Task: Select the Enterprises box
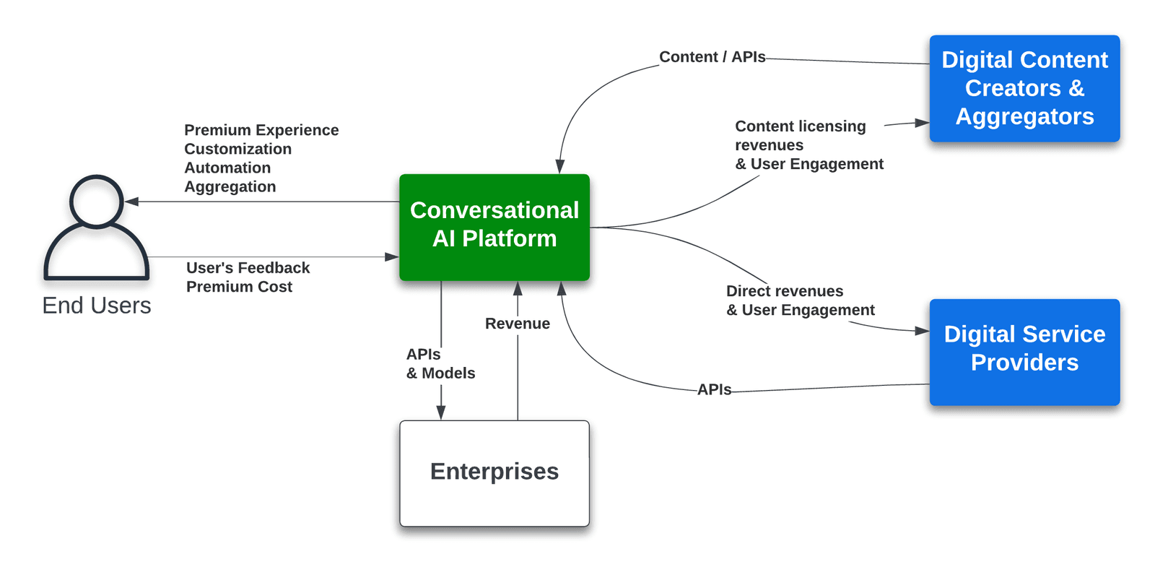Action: tap(494, 472)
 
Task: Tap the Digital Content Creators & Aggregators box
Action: tap(1024, 88)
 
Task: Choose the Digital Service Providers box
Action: tap(1024, 351)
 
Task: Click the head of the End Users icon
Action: tap(96, 201)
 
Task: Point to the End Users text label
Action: tap(96, 306)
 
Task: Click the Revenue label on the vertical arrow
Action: tap(517, 324)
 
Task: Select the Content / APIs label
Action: tap(712, 57)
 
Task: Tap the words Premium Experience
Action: tap(261, 130)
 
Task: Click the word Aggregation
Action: tap(230, 186)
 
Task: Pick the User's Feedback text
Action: tap(248, 268)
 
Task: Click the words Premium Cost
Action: tap(239, 287)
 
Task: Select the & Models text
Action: tap(440, 373)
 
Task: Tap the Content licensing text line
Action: tap(800, 126)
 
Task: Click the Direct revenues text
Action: tap(784, 291)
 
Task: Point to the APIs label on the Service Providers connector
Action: tap(714, 389)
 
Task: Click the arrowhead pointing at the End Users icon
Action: tap(131, 202)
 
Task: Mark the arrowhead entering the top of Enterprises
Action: tap(441, 413)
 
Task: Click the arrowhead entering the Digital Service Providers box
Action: tap(922, 331)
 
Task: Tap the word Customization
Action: tap(237, 149)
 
